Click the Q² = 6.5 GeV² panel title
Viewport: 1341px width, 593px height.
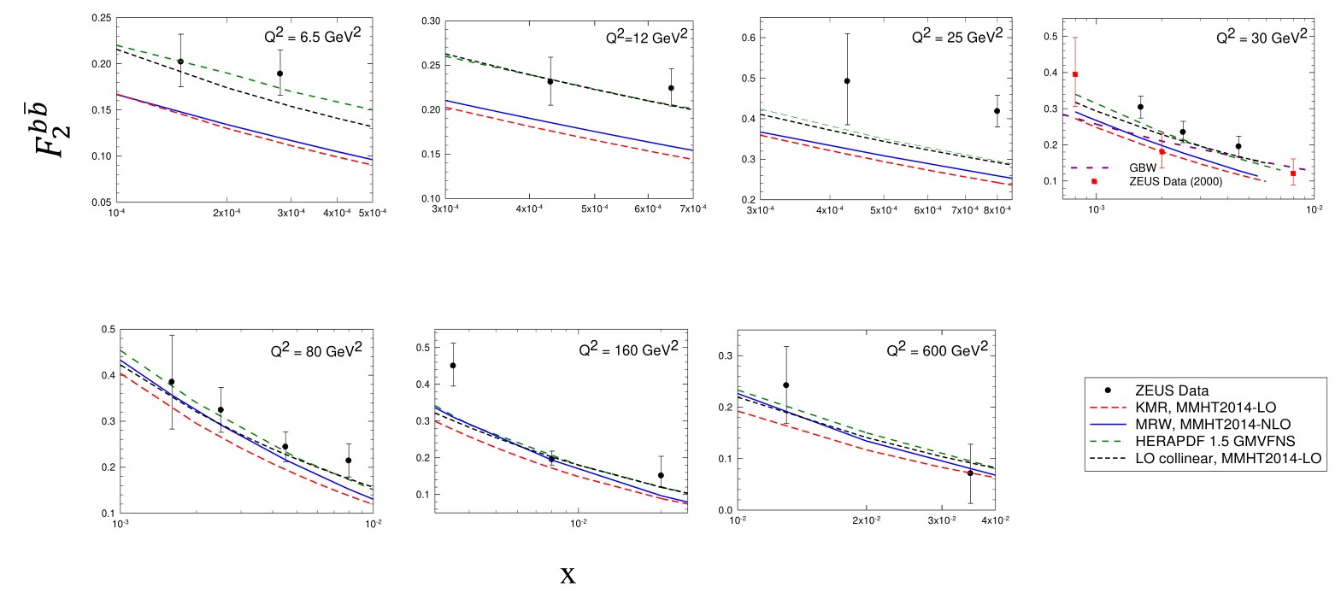coord(313,37)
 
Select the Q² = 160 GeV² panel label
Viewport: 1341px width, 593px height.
coord(629,349)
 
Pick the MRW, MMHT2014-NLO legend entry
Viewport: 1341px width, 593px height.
coord(1212,425)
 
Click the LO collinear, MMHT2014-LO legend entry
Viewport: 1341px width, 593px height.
coord(1227,459)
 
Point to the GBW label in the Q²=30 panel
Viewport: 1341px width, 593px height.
coord(1143,168)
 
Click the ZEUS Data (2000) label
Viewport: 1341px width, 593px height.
coord(1175,181)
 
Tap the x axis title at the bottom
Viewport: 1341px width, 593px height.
coord(568,575)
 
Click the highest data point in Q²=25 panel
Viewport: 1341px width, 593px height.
coord(847,81)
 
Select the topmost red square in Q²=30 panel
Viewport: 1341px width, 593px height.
coord(1075,74)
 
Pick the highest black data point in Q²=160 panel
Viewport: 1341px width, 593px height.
coord(453,366)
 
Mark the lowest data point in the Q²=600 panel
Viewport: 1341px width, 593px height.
coord(970,473)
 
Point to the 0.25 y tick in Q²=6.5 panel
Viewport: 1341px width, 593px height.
coord(102,18)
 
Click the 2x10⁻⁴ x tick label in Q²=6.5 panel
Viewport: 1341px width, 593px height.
coord(226,213)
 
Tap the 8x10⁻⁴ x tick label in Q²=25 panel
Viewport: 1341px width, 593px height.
coord(997,210)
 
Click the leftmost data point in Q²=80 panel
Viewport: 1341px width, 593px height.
coord(172,382)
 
